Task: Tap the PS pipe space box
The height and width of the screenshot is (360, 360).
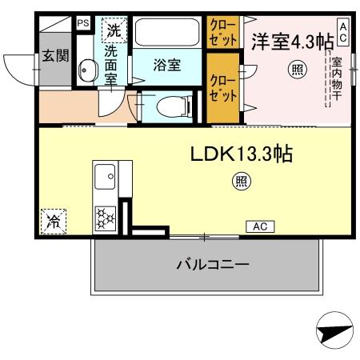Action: (x=83, y=24)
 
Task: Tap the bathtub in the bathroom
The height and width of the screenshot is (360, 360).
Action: (x=167, y=34)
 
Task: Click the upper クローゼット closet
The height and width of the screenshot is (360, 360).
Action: (x=223, y=34)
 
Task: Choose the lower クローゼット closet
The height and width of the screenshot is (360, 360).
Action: (x=223, y=88)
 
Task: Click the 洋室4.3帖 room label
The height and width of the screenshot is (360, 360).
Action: (x=292, y=42)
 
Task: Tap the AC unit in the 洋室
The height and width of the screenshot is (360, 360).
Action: (x=342, y=31)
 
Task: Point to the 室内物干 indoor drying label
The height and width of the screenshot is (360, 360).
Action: (x=337, y=80)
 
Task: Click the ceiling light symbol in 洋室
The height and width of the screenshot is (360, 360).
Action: (x=297, y=70)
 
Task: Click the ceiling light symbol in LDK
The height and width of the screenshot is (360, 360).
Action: (x=239, y=182)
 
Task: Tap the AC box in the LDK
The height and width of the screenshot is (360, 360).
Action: (x=258, y=226)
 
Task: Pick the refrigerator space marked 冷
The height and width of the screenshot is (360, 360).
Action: (x=54, y=221)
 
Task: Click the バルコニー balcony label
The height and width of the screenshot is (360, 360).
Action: (x=213, y=265)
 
